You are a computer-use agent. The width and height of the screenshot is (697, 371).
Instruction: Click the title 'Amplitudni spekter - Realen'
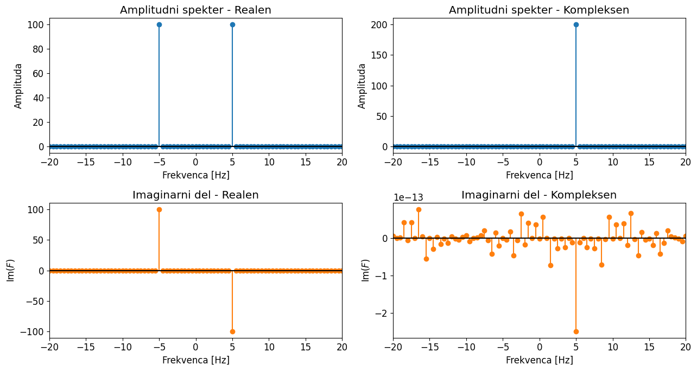(x=195, y=10)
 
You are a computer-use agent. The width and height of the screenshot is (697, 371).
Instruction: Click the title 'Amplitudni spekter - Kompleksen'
(x=539, y=10)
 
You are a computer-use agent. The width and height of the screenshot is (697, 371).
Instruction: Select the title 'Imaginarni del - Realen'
(x=195, y=195)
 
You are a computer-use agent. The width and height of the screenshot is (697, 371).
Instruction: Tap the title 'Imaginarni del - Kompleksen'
(x=539, y=195)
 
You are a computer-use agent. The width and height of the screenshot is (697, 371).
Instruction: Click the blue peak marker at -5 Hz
(x=159, y=24)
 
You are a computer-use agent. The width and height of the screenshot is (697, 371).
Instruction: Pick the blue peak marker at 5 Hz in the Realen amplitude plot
(x=232, y=24)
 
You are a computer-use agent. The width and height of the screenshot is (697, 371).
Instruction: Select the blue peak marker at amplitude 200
(x=576, y=24)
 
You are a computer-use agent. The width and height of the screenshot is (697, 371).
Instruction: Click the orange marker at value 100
(x=159, y=209)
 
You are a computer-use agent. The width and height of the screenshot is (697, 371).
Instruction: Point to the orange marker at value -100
(x=232, y=331)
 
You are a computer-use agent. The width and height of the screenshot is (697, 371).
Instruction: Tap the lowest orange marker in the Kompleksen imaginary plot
(x=576, y=331)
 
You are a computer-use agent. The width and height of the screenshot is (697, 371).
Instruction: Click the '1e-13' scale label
(x=408, y=198)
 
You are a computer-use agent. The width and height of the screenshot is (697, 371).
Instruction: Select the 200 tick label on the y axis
(x=380, y=24)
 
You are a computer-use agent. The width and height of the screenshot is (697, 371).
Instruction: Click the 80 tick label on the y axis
(x=39, y=49)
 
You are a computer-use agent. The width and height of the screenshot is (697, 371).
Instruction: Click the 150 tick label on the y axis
(x=380, y=55)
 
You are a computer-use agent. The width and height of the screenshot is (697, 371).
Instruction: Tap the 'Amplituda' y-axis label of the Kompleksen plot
(x=362, y=86)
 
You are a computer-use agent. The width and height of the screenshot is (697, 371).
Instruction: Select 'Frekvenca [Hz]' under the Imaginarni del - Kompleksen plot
(x=539, y=360)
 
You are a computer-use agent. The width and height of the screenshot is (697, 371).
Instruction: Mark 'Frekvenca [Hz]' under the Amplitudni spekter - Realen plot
(x=195, y=175)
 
